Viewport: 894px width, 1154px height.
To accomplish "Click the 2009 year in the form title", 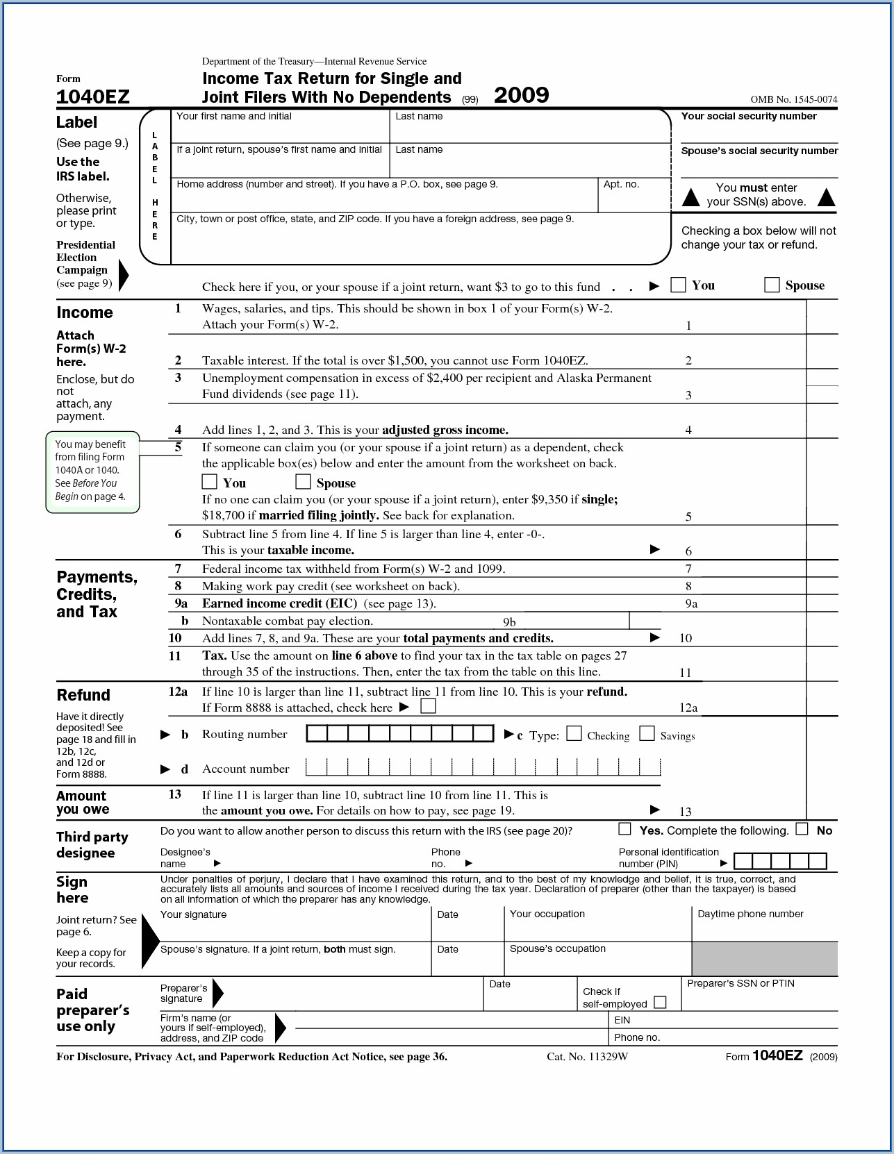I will point(521,95).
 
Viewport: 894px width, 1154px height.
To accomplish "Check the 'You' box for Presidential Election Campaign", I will point(678,285).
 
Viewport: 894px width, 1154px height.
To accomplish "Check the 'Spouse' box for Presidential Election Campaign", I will point(771,285).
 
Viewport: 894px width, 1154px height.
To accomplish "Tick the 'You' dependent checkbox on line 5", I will point(209,481).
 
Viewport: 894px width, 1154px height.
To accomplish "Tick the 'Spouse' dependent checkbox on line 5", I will point(303,481).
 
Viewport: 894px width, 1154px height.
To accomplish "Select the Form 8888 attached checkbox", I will point(429,706).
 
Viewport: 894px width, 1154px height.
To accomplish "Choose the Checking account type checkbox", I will point(574,734).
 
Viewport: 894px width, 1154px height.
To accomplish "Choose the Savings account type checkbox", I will point(647,734).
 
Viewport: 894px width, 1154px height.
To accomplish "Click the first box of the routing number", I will point(317,734).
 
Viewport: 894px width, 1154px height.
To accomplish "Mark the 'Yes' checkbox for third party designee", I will point(625,829).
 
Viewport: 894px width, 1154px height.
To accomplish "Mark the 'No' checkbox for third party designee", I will point(802,829).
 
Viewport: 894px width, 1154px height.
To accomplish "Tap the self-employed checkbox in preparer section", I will point(660,1002).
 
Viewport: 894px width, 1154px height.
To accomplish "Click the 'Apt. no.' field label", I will point(621,185).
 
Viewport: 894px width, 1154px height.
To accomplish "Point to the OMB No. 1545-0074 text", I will point(793,99).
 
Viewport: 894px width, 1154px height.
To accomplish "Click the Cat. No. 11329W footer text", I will point(587,1057).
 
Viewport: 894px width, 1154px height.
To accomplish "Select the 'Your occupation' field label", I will point(547,914).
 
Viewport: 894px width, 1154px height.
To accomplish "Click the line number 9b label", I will point(509,622).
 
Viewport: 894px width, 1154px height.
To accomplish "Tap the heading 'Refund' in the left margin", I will point(83,695).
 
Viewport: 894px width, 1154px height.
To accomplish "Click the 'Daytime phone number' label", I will point(750,914).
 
